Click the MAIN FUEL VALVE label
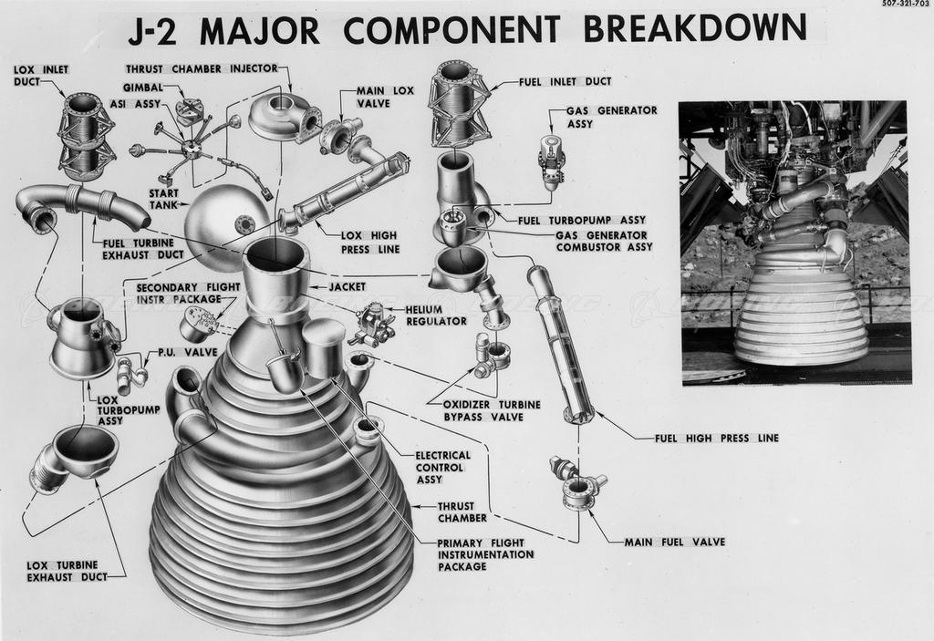(x=674, y=542)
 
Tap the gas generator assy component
(x=552, y=161)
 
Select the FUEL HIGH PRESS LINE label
(x=716, y=438)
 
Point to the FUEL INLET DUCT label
(x=565, y=81)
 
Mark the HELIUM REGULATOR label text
(x=435, y=315)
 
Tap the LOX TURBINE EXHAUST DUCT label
(x=62, y=571)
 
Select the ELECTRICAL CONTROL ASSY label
(x=442, y=467)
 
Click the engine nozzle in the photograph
(x=801, y=310)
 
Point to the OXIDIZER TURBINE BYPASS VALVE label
(x=491, y=410)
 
